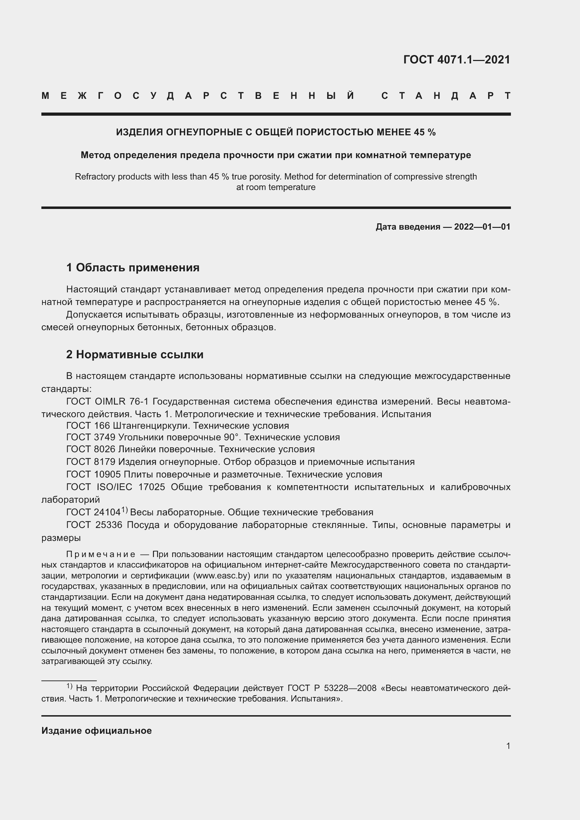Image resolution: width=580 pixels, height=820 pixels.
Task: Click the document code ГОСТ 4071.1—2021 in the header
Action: click(x=457, y=60)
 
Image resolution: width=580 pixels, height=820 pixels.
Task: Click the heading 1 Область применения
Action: click(x=133, y=267)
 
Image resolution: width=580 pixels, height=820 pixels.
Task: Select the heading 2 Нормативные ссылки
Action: click(x=135, y=354)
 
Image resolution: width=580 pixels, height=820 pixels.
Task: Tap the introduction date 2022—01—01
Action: click(x=482, y=227)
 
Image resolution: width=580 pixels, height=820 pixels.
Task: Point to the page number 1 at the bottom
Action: click(x=508, y=746)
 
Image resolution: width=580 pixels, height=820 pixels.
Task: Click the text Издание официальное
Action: click(x=96, y=730)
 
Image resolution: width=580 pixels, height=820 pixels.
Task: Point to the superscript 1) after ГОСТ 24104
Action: click(x=124, y=510)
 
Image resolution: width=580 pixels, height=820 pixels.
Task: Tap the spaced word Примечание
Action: click(x=101, y=554)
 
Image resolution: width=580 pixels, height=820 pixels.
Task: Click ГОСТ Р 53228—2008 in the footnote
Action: click(x=332, y=688)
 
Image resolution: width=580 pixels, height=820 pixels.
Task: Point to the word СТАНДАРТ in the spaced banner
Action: click(x=446, y=96)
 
